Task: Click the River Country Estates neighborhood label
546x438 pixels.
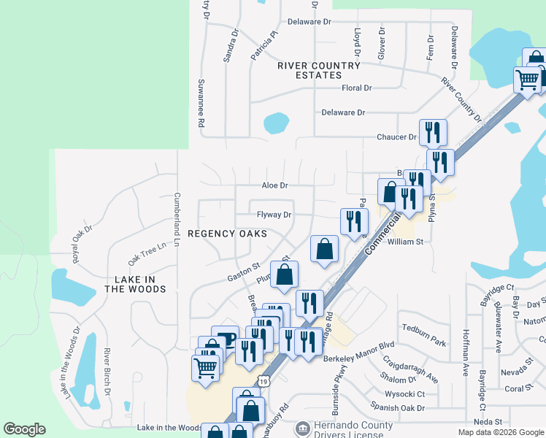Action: [x=319, y=70]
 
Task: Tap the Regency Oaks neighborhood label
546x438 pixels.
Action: [x=226, y=234]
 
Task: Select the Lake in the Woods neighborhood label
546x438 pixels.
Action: [x=135, y=285]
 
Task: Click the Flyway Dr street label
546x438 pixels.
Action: [x=274, y=215]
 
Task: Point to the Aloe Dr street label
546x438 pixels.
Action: [x=274, y=186]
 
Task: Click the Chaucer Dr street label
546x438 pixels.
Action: [x=396, y=137]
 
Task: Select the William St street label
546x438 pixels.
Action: [x=406, y=242]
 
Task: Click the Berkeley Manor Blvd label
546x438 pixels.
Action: [x=358, y=360]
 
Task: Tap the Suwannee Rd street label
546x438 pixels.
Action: [x=200, y=104]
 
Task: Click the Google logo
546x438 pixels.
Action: [x=24, y=429]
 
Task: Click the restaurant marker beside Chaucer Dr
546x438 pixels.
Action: [x=434, y=132]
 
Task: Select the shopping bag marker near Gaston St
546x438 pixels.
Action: [x=284, y=275]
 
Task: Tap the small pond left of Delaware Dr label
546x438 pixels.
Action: [x=276, y=122]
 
